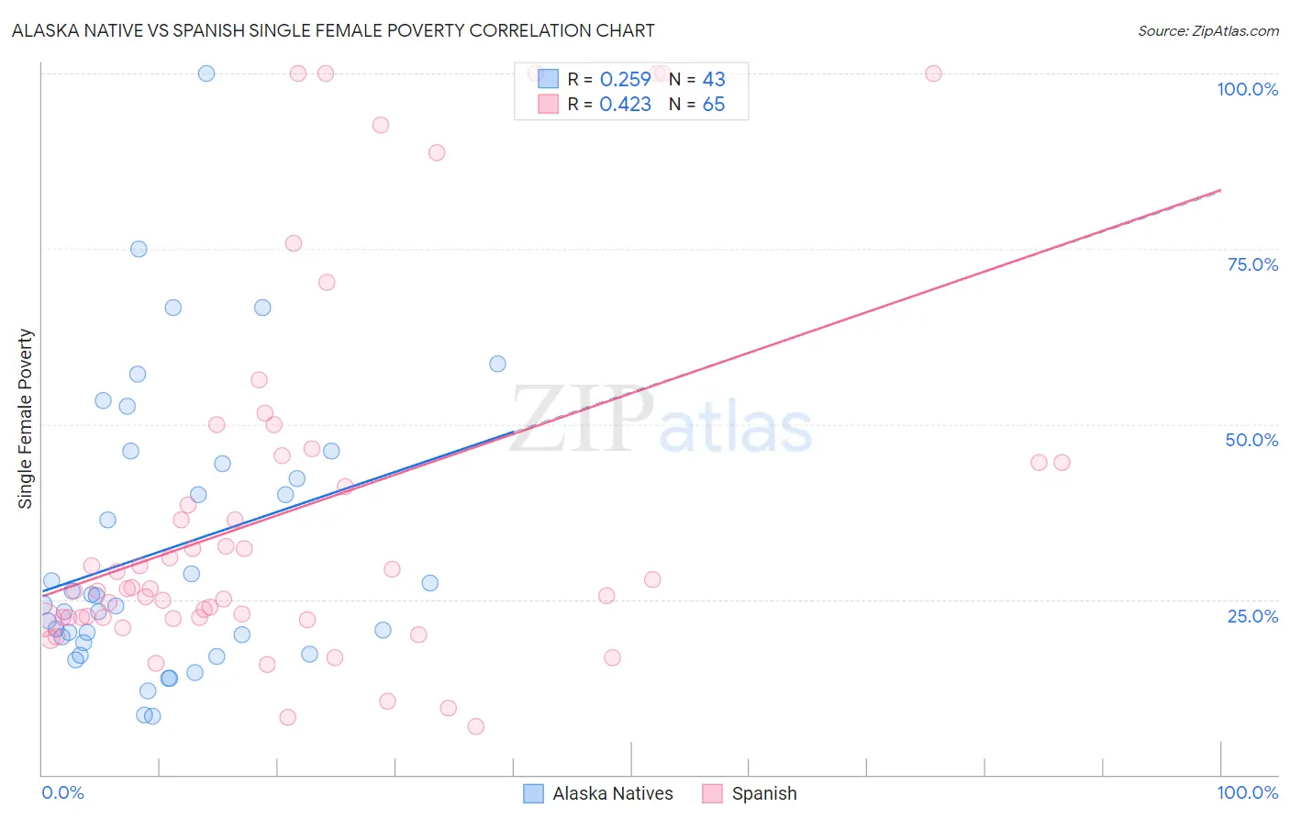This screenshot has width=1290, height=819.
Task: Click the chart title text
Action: tap(333, 30)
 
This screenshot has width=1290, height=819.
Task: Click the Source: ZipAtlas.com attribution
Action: tap(1207, 30)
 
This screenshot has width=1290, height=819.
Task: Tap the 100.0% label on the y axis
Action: tap(1247, 89)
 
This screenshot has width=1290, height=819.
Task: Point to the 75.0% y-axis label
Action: tap(1252, 264)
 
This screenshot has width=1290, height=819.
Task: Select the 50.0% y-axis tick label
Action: tap(1251, 440)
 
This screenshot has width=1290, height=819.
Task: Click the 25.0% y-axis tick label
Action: tap(1252, 615)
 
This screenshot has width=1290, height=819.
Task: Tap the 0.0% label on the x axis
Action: tap(62, 792)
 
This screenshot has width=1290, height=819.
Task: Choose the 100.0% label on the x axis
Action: tap(1247, 792)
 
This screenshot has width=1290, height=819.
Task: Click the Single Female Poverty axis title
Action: tap(26, 419)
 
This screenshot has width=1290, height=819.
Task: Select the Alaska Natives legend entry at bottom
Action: tap(612, 793)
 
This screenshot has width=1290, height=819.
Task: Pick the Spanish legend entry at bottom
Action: tap(763, 793)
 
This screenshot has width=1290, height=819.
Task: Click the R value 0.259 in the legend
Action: tap(625, 80)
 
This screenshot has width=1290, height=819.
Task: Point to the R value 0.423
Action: tap(625, 105)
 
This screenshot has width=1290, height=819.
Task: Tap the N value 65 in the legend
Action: tap(713, 105)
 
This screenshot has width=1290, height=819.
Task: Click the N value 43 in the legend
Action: tap(713, 80)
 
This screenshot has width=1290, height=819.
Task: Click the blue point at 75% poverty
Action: tap(139, 249)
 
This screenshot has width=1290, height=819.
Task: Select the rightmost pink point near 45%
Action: tap(1062, 463)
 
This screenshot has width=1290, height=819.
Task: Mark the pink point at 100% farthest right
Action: tap(933, 73)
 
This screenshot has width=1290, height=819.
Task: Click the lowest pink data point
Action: tap(475, 726)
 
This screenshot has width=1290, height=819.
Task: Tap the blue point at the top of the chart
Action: tap(206, 73)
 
